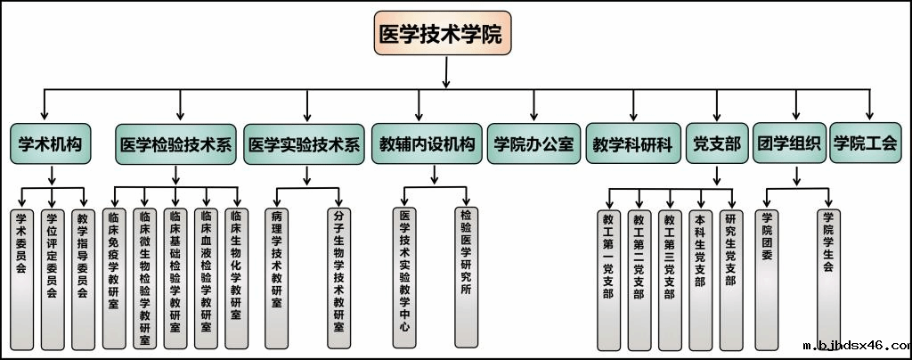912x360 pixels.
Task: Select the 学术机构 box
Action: point(51,144)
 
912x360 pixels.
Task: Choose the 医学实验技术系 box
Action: point(305,145)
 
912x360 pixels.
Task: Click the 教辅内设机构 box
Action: point(427,145)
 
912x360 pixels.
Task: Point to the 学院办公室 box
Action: point(533,145)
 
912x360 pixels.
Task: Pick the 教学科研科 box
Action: point(633,145)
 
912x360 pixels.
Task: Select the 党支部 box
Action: point(717,145)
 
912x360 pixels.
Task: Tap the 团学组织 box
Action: point(787,144)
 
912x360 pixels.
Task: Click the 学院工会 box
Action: point(864,144)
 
